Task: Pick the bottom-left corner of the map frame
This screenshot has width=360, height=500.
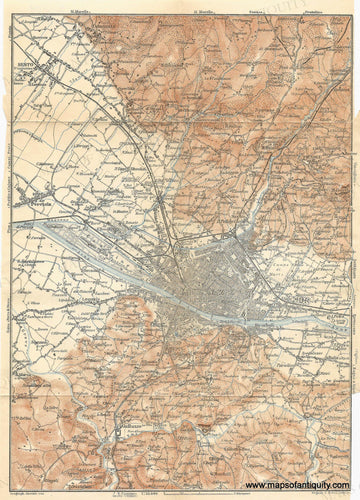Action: click(x=16, y=475)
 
